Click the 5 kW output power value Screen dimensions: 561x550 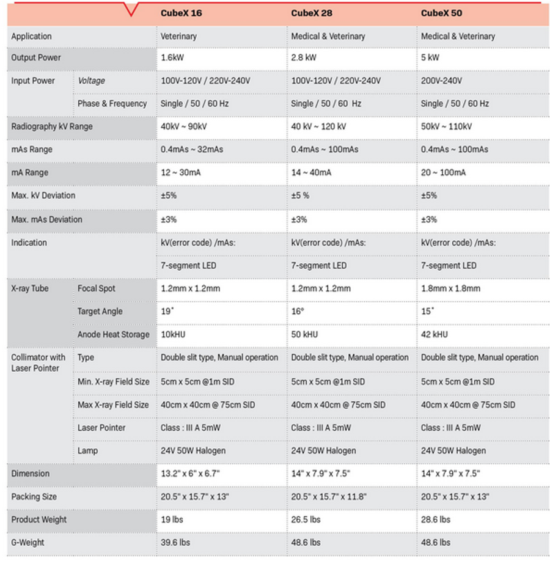tap(430, 58)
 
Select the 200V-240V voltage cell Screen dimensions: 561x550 tap(441, 81)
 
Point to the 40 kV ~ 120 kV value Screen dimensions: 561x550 tap(318, 127)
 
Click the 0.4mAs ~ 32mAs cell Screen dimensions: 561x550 tap(194, 150)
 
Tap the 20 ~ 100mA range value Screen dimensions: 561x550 tap(443, 173)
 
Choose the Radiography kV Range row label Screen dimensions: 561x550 tap(52, 127)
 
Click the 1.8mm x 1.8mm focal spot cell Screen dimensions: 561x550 tap(450, 288)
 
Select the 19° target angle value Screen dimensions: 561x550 tap(167, 312)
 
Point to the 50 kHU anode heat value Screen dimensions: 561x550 tap(304, 335)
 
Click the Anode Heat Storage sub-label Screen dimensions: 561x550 tap(113, 335)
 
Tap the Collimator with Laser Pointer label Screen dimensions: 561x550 tap(38, 362)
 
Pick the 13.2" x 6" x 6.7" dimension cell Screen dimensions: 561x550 tap(189, 474)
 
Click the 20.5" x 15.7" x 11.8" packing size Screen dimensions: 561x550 tap(329, 497)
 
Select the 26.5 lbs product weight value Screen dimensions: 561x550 tap(306, 519)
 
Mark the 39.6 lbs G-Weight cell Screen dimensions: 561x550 tap(175, 543)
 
